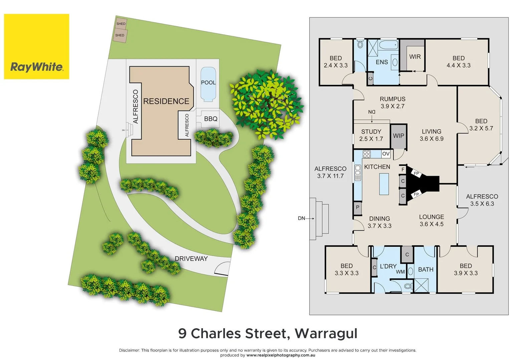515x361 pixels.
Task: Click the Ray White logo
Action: (x=36, y=46)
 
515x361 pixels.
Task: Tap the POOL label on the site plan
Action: (x=208, y=83)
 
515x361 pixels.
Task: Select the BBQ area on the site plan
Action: (x=211, y=119)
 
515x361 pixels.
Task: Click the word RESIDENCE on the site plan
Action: (x=166, y=101)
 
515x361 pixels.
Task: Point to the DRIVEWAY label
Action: (x=191, y=259)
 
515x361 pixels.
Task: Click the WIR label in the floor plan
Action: (x=415, y=57)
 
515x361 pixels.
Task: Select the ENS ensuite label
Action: (x=381, y=62)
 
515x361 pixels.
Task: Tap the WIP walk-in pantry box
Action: (x=398, y=136)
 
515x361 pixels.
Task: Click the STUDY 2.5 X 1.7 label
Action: (x=371, y=135)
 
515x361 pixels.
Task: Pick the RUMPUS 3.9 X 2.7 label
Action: (x=393, y=103)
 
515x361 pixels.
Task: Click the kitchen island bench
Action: (x=384, y=184)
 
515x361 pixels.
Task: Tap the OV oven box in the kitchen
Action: (x=386, y=154)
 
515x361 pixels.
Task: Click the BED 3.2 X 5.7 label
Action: (x=481, y=125)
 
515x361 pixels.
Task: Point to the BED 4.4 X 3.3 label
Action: (x=458, y=62)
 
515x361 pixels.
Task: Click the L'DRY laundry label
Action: (x=388, y=266)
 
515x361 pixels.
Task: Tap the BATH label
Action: (x=426, y=269)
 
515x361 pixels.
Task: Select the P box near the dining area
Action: (x=357, y=208)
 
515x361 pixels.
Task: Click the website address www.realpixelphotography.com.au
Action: (x=280, y=355)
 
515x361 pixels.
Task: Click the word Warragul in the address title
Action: (x=326, y=334)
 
